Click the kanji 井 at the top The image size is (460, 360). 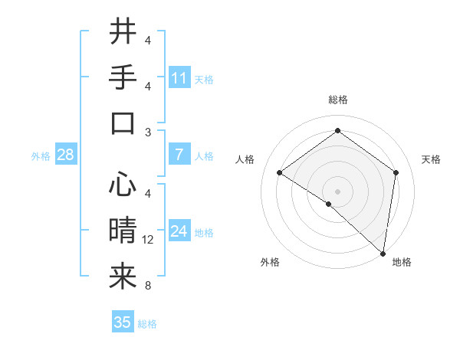pos(123,33)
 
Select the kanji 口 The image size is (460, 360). pos(123,123)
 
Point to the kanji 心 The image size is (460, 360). pos(123,185)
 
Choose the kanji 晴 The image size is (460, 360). pos(123,231)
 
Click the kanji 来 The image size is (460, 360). pos(123,277)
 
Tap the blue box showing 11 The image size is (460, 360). pos(179,78)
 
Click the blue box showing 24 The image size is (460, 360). pos(179,231)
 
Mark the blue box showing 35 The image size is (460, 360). pos(123,322)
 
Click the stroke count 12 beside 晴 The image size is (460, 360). pos(148,240)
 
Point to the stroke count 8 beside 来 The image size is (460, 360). pos(148,286)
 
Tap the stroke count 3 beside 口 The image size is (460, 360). pos(148,132)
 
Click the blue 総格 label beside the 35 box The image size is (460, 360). pos(147,324)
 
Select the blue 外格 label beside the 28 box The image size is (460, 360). pos(41,156)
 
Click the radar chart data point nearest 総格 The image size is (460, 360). pos(337,130)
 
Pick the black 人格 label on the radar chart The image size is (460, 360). pos(245,159)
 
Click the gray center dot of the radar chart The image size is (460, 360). pos(337,191)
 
